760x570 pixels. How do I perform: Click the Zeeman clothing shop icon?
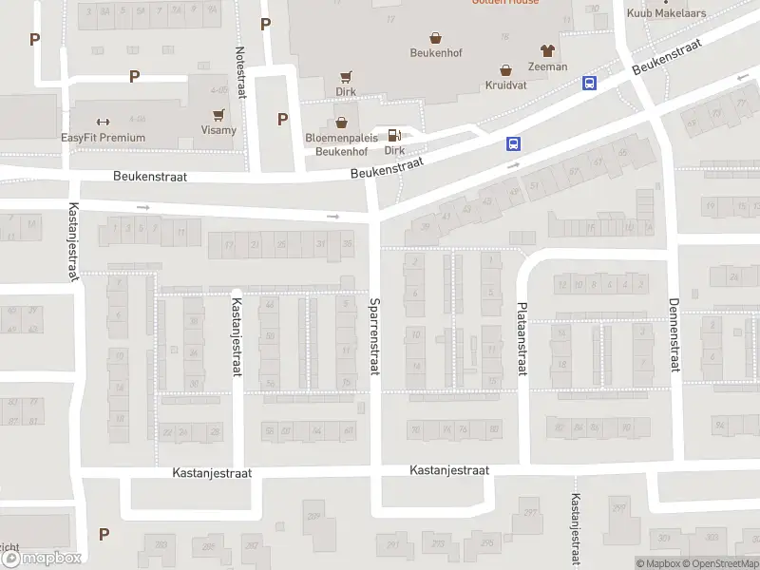(547, 50)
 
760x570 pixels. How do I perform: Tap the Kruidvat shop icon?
(505, 70)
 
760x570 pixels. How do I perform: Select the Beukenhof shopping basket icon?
(436, 38)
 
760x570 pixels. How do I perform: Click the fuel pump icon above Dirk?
(394, 135)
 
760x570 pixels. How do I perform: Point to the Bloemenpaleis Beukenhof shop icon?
(341, 123)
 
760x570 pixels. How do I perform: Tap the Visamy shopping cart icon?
(218, 114)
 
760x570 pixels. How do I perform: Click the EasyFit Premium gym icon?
(103, 122)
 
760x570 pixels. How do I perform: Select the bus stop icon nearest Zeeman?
(589, 84)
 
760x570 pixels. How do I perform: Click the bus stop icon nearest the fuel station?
(513, 144)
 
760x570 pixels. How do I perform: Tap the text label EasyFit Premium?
(103, 138)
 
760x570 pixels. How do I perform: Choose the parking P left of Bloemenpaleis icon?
(282, 119)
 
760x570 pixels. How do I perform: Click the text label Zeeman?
(547, 66)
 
